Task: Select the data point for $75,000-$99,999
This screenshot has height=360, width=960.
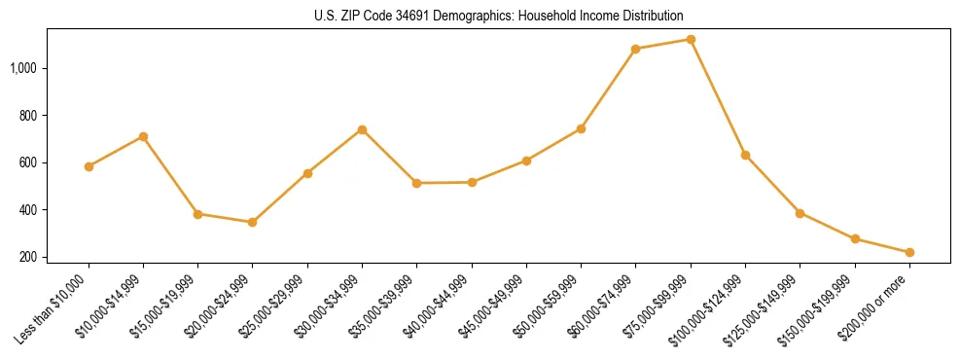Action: [x=691, y=40]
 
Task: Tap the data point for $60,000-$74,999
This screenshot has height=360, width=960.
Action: [x=636, y=49]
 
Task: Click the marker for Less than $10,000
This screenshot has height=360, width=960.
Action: [x=89, y=166]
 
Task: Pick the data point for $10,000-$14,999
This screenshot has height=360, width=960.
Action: [x=143, y=136]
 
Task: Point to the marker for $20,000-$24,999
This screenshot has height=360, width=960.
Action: [x=253, y=222]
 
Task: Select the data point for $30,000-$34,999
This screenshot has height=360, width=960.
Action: [x=362, y=129]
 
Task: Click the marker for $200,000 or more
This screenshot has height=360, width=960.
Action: [x=909, y=252]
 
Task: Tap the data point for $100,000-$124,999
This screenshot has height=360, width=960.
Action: [x=745, y=155]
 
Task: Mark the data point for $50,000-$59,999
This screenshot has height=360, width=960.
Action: [x=581, y=128]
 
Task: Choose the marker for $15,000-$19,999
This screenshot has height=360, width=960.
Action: [x=197, y=214]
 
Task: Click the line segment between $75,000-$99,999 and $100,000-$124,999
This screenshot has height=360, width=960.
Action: [x=718, y=97]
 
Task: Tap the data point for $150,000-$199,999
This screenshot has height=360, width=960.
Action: [x=855, y=238]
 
